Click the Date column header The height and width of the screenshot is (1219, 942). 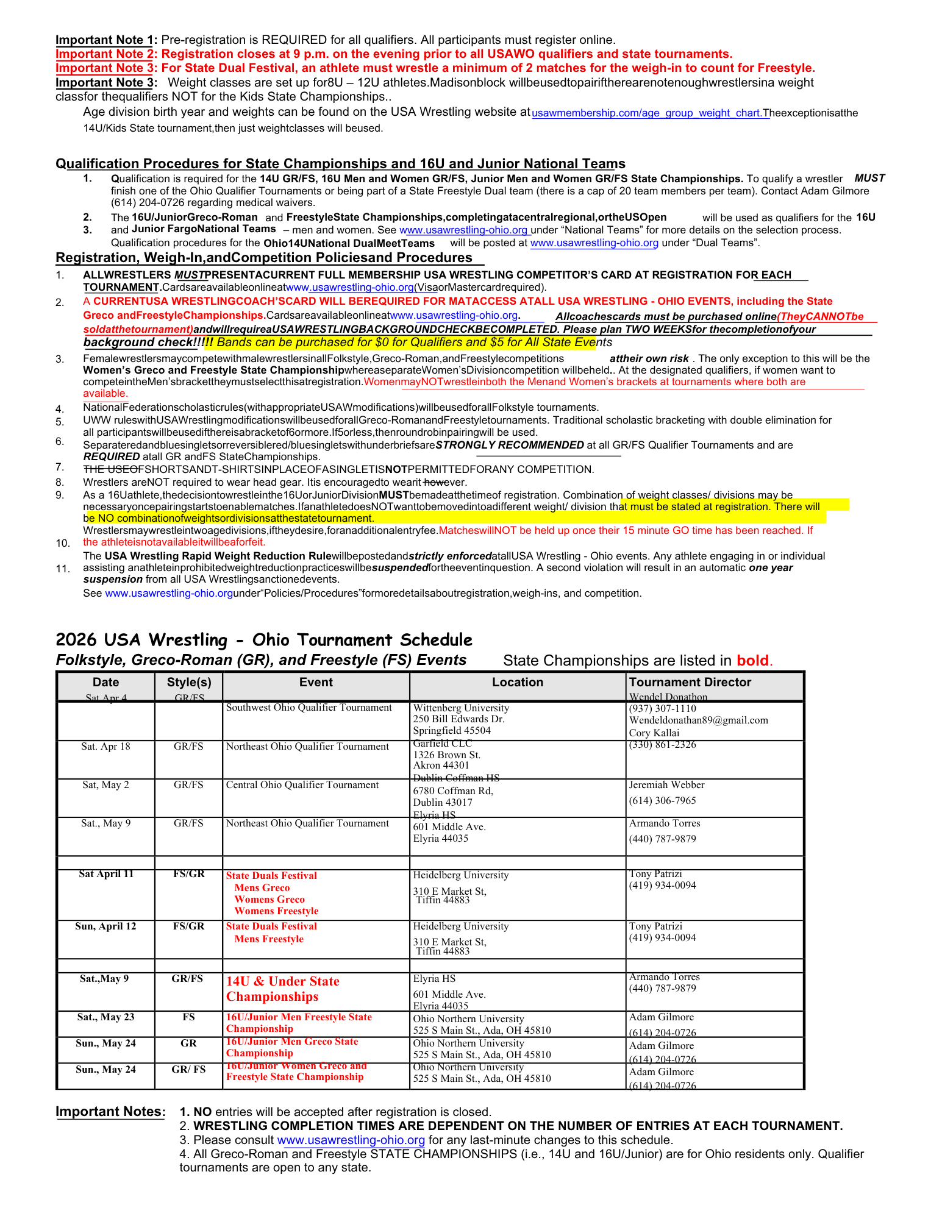coord(105,682)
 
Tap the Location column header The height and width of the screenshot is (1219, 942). coord(517,682)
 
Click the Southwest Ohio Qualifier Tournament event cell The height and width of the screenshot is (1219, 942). coord(309,708)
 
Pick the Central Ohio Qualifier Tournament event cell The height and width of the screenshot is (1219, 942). coord(302,785)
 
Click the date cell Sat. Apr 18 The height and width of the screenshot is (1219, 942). coord(105,747)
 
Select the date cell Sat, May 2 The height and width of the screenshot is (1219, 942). coord(105,785)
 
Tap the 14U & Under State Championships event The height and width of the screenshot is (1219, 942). coord(282,989)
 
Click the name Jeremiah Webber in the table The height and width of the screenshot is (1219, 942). coord(666,785)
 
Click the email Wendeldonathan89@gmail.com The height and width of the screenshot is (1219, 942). coord(698,720)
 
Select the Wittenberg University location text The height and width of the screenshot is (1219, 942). coord(460,708)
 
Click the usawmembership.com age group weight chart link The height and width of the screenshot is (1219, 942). coord(649,113)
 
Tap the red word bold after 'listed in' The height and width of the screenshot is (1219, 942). coord(754,661)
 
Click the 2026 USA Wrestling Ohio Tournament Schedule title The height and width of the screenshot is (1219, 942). coord(263,640)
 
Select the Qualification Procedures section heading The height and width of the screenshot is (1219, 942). coord(340,163)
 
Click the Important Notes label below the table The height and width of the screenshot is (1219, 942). coord(110,1111)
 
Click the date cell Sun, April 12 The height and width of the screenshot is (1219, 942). coord(105,926)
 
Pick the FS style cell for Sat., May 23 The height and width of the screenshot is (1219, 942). coord(188,1017)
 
